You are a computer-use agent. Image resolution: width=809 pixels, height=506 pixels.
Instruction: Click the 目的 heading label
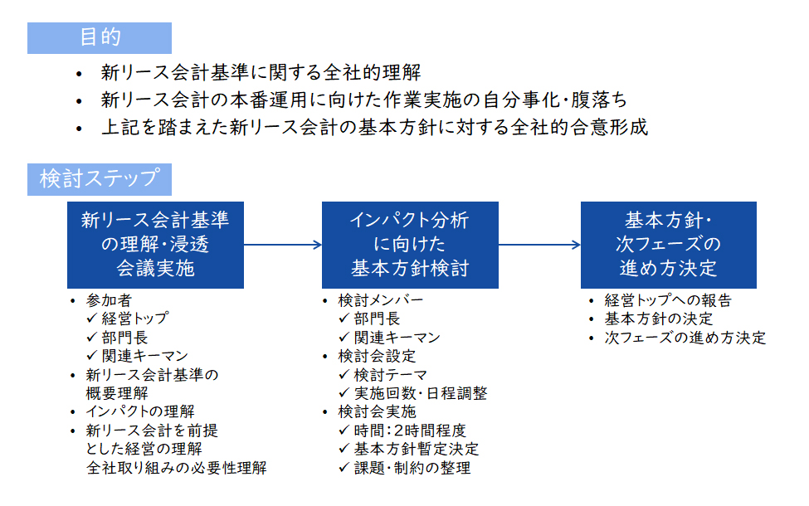point(100,37)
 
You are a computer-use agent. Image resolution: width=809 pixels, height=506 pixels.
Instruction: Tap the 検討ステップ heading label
point(100,179)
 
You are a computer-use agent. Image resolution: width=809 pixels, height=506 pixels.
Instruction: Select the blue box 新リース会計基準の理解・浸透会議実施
point(155,245)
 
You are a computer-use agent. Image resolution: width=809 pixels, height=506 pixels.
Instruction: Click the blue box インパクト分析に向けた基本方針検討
point(410,245)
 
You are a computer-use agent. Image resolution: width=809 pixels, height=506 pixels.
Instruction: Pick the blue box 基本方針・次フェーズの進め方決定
point(669,245)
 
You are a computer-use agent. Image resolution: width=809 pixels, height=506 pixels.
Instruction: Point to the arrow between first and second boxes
point(283,245)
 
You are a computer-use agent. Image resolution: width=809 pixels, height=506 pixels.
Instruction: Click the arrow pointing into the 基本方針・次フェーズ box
point(539,245)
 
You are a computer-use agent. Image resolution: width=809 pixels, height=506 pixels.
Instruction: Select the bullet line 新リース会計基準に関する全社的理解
point(261,73)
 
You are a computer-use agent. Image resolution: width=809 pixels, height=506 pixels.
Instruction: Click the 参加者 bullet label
point(109,300)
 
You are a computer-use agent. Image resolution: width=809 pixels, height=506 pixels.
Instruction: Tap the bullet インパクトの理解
point(140,411)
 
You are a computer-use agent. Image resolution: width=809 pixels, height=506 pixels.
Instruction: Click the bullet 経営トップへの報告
point(668,300)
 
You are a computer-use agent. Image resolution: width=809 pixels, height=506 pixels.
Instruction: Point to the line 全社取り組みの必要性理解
point(177,468)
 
